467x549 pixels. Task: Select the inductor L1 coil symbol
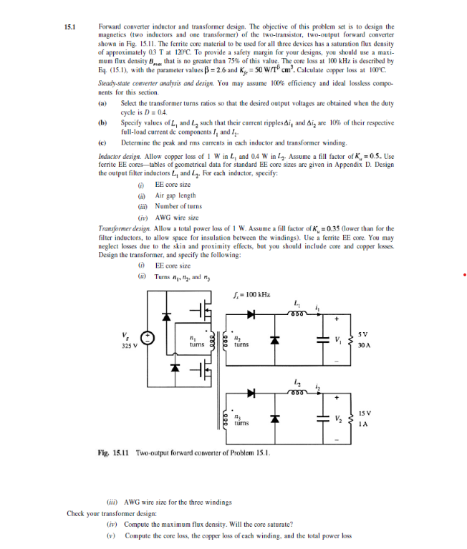[x=298, y=312]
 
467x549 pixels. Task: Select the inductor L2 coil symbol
[x=298, y=390]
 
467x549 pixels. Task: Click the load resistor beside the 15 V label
[x=351, y=418]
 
